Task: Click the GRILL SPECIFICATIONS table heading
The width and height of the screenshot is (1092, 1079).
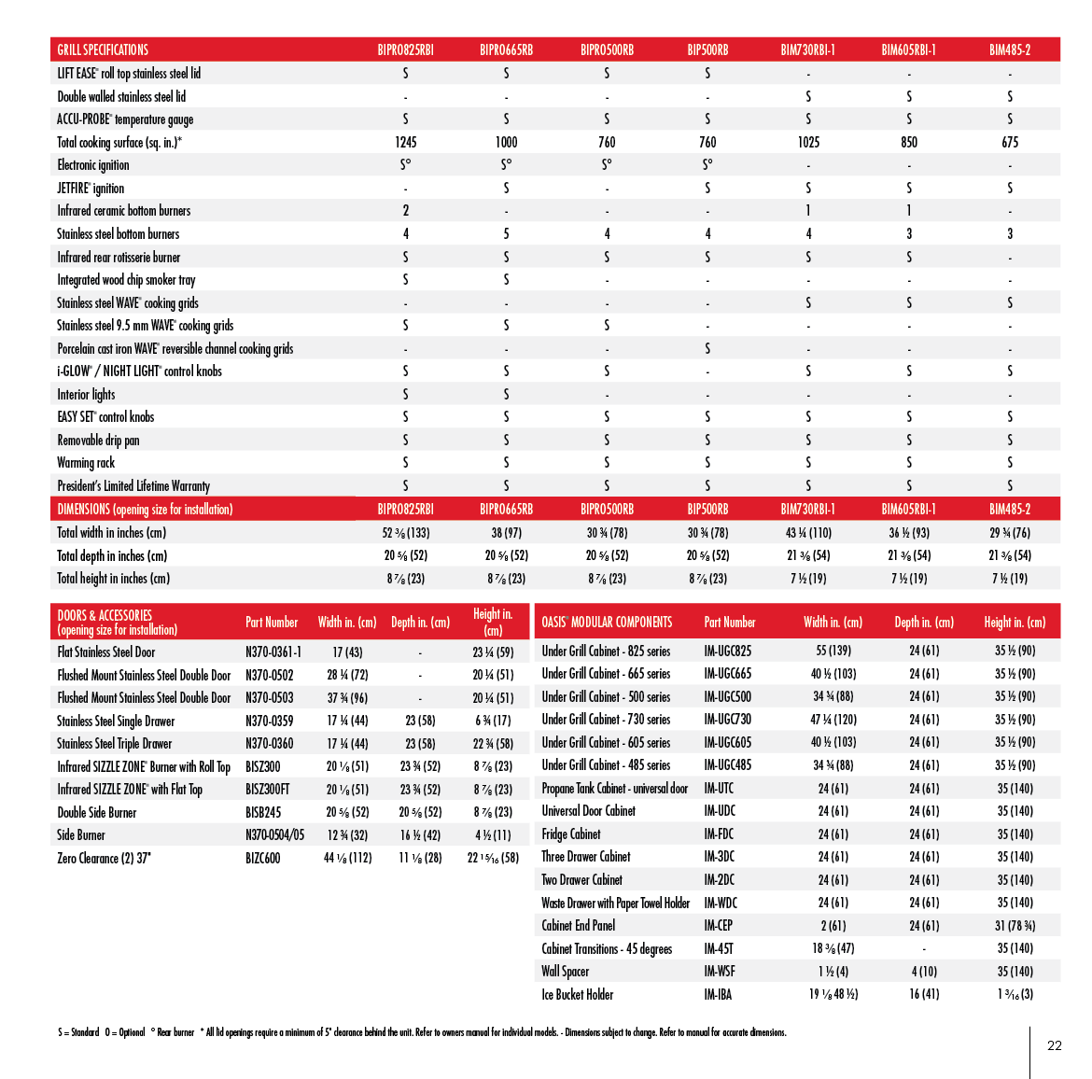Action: pos(103,49)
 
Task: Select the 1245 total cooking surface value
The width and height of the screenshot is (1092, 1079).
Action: pos(405,142)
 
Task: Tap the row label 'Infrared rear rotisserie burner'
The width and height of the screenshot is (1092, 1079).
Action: pos(119,257)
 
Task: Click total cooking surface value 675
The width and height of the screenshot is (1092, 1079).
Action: pos(1010,142)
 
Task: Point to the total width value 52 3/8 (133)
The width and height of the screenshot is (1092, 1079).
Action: pos(405,533)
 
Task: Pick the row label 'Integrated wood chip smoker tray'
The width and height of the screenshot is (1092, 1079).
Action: pos(126,280)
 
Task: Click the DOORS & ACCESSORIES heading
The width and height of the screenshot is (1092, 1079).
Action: pos(105,615)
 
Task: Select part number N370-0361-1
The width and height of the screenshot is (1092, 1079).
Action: pos(273,652)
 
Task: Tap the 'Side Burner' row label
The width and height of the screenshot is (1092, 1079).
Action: pos(81,835)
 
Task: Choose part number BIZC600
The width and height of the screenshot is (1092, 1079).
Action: pos(262,858)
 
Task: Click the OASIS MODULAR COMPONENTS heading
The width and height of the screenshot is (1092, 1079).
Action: pos(607,623)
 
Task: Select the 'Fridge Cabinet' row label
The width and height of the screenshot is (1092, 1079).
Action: pos(571,834)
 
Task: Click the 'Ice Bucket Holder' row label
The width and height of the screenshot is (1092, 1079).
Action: pos(578,995)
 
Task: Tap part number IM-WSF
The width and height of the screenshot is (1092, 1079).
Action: pos(720,972)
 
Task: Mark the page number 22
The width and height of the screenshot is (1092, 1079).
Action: pos(1055,1045)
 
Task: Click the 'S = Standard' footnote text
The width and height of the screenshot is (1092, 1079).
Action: pos(78,1032)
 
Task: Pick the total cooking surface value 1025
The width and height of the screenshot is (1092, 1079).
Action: pos(808,142)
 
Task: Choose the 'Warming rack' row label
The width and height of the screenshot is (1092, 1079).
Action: pos(86,463)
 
